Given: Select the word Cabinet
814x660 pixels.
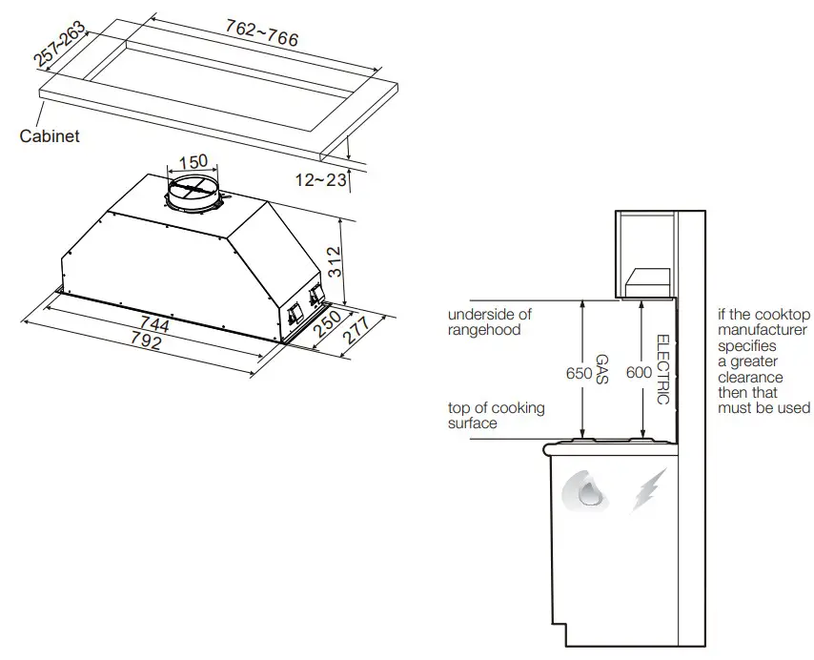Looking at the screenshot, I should [x=50, y=136].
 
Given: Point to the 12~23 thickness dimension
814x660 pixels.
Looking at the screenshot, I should [x=322, y=179].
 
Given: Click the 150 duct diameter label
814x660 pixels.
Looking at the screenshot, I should [x=193, y=161].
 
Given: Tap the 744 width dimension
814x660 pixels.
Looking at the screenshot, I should [x=153, y=325].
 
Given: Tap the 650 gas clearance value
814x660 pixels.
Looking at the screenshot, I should [x=579, y=373].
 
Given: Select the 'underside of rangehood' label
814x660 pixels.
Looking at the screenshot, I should [x=490, y=322].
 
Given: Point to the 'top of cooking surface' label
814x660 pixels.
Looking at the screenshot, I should [x=496, y=415].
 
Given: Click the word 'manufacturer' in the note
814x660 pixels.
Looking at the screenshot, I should [x=763, y=330].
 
